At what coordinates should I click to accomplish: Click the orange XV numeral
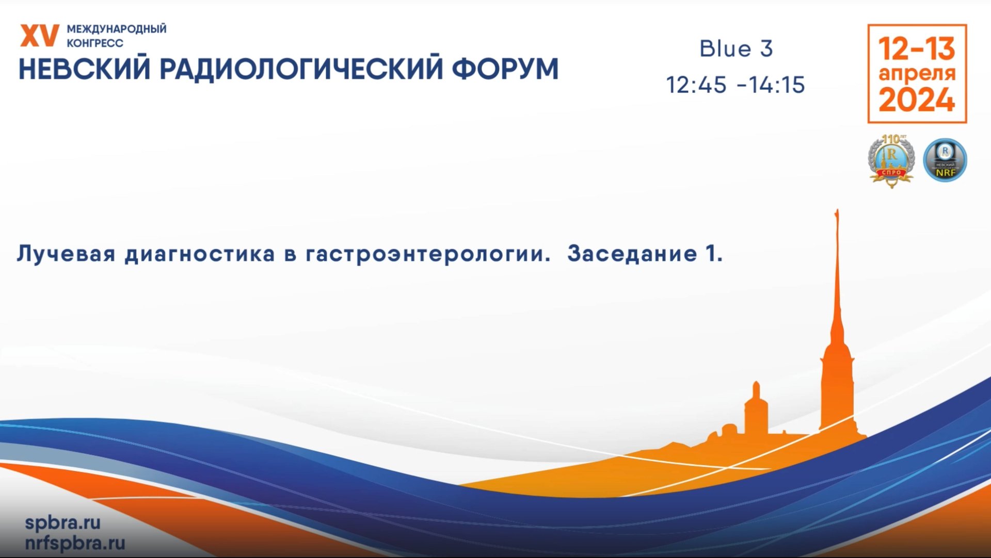39,36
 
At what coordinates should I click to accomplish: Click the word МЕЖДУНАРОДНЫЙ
117,29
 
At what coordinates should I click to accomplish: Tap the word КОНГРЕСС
95,43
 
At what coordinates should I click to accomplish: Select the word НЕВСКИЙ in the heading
85,70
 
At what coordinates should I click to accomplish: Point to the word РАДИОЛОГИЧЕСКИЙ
301,70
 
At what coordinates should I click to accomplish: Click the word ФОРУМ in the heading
505,70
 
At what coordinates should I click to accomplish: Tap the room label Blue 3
736,49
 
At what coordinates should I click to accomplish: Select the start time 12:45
696,85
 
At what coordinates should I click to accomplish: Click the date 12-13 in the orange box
917,48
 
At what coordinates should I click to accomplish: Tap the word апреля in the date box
917,73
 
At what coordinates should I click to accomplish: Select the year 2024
917,100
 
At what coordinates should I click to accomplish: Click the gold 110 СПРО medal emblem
891,160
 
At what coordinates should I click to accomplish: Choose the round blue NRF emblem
945,160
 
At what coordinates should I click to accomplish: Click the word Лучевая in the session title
66,254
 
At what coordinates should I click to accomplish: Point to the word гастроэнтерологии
428,254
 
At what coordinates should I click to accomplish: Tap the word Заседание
632,254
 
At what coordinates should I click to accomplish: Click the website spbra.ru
62,522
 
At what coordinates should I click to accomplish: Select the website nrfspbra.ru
75,543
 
